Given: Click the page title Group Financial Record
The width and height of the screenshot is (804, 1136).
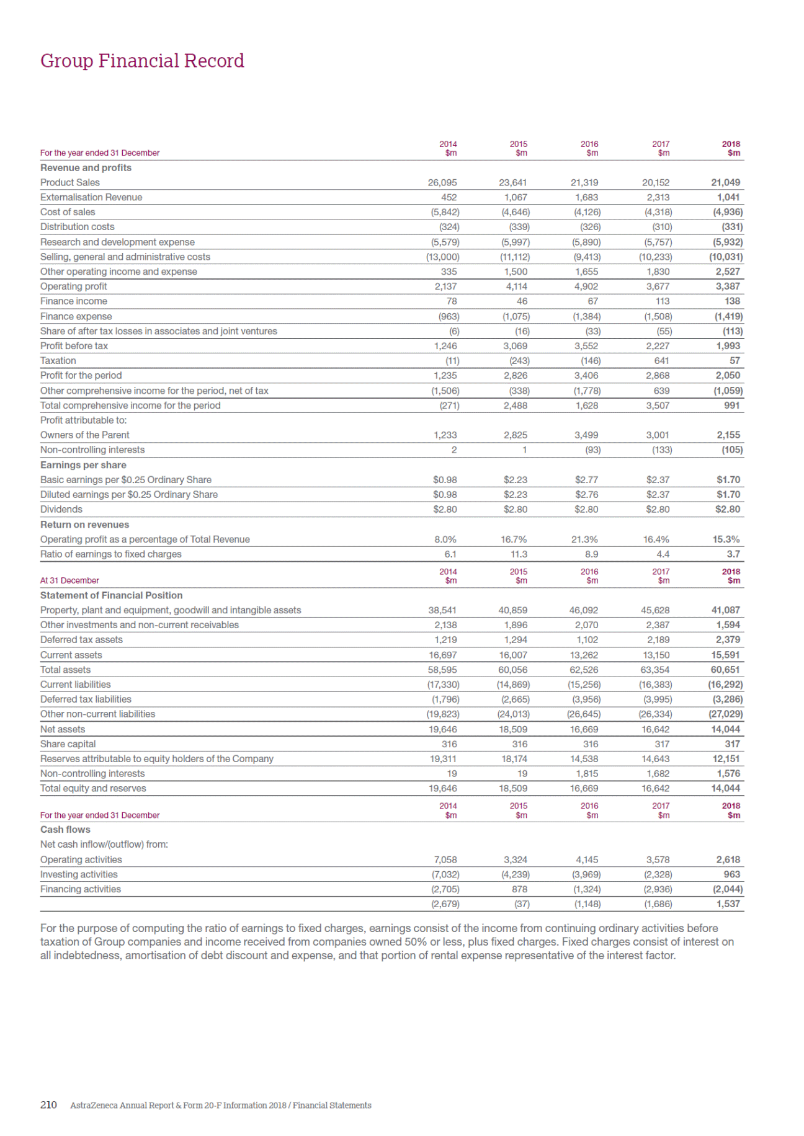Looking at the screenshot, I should pos(142,61).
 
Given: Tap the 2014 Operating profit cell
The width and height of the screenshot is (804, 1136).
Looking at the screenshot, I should pos(445,286).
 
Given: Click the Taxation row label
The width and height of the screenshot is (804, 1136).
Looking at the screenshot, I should pos(58,361).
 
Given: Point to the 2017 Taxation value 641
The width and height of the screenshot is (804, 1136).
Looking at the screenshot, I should pos(661,361).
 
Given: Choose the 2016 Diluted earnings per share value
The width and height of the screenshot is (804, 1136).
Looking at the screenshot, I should pos(587,495).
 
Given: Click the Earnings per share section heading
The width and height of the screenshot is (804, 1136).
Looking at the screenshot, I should pos(83,465).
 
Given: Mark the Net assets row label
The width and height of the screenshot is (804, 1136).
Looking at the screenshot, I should pos(63,729).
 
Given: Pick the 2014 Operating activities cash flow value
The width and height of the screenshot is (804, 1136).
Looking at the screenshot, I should pos(445,860).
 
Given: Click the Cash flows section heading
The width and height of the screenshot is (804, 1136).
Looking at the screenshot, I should pos(65,830).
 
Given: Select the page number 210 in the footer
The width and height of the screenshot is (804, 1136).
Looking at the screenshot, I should pos(48,1105).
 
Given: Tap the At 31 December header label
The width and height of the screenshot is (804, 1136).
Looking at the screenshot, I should pos(69,580).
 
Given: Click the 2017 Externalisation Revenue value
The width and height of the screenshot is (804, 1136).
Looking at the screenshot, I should pos(658,197).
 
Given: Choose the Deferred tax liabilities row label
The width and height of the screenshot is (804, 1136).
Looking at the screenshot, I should pos(86,699).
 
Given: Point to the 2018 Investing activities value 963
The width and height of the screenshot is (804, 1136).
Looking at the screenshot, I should pos(732,874).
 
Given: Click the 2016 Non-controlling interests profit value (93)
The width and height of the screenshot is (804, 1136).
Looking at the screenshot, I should pos(592,450).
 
